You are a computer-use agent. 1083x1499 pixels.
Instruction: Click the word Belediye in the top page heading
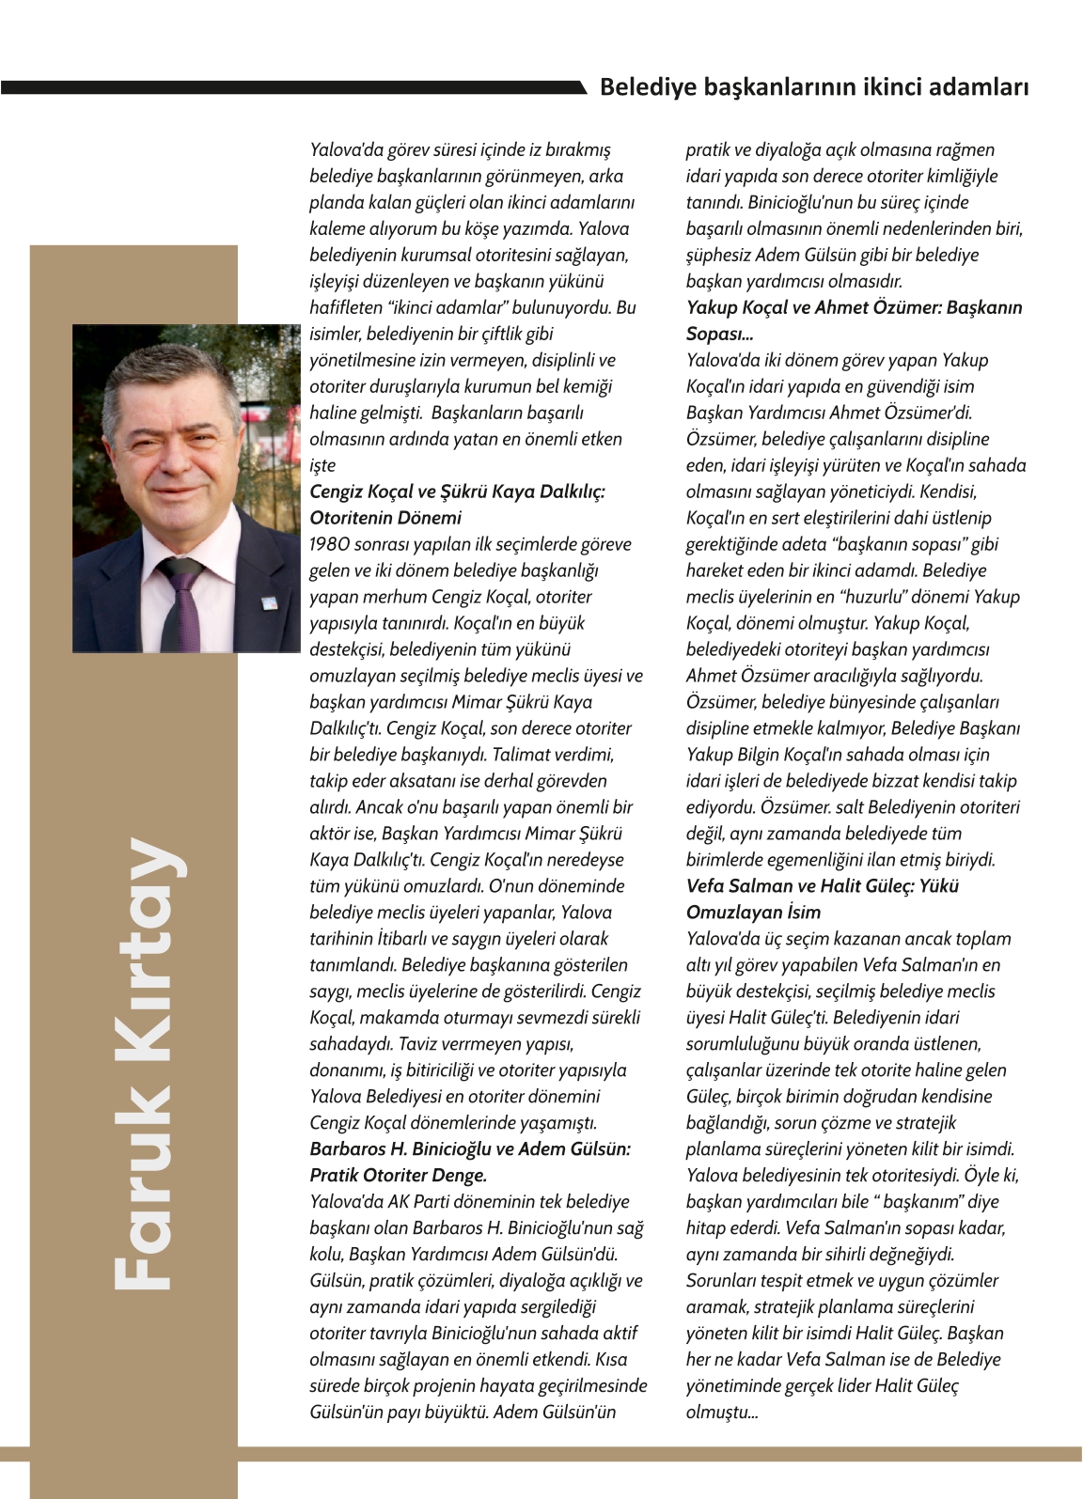tap(641, 87)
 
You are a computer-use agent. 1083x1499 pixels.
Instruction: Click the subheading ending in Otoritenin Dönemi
tap(457, 505)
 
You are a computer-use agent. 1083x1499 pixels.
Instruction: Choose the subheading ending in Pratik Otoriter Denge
tap(469, 1162)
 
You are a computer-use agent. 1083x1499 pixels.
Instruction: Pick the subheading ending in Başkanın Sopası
tap(854, 320)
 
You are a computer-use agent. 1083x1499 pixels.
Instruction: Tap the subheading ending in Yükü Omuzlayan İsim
tap(822, 898)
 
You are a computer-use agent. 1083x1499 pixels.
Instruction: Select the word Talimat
tap(526, 755)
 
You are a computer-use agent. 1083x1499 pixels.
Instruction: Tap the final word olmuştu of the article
tap(720, 1413)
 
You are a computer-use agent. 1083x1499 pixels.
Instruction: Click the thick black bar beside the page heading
tap(291, 87)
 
